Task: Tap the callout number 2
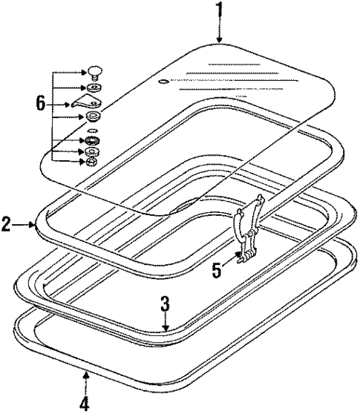point(6,224)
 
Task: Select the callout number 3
point(165,304)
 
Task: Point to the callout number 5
point(217,270)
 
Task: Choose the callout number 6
point(41,103)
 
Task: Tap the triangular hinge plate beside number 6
point(86,102)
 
